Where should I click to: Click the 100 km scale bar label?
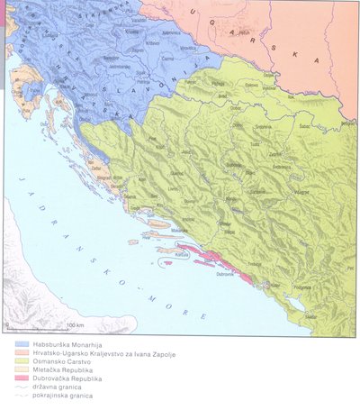[x=75, y=323]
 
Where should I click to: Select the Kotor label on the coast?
[x=260, y=281]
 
